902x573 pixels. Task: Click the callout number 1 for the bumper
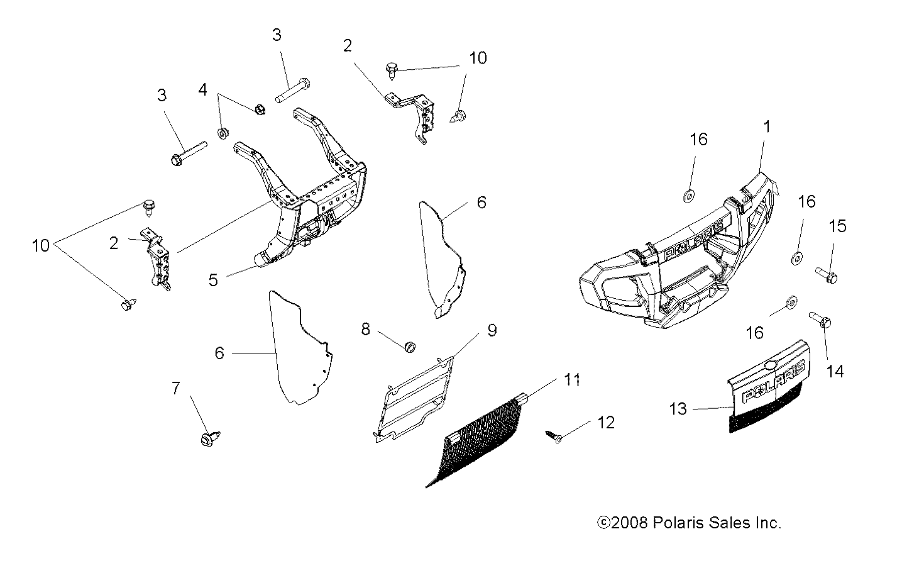point(767,127)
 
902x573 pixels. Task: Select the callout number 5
point(213,280)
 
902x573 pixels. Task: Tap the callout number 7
point(175,388)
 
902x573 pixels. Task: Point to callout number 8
point(365,330)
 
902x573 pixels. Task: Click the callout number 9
point(492,330)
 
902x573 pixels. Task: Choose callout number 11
point(572,379)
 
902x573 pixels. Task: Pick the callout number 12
point(606,423)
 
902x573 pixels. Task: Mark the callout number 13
point(678,409)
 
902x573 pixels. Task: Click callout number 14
point(835,372)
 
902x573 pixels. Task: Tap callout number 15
point(837,226)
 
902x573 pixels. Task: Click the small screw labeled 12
point(554,437)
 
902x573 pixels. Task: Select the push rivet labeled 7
point(210,438)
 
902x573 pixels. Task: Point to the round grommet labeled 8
point(410,347)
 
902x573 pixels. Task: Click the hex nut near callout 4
point(260,109)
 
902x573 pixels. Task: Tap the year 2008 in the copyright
point(629,523)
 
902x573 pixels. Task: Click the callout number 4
point(202,90)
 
